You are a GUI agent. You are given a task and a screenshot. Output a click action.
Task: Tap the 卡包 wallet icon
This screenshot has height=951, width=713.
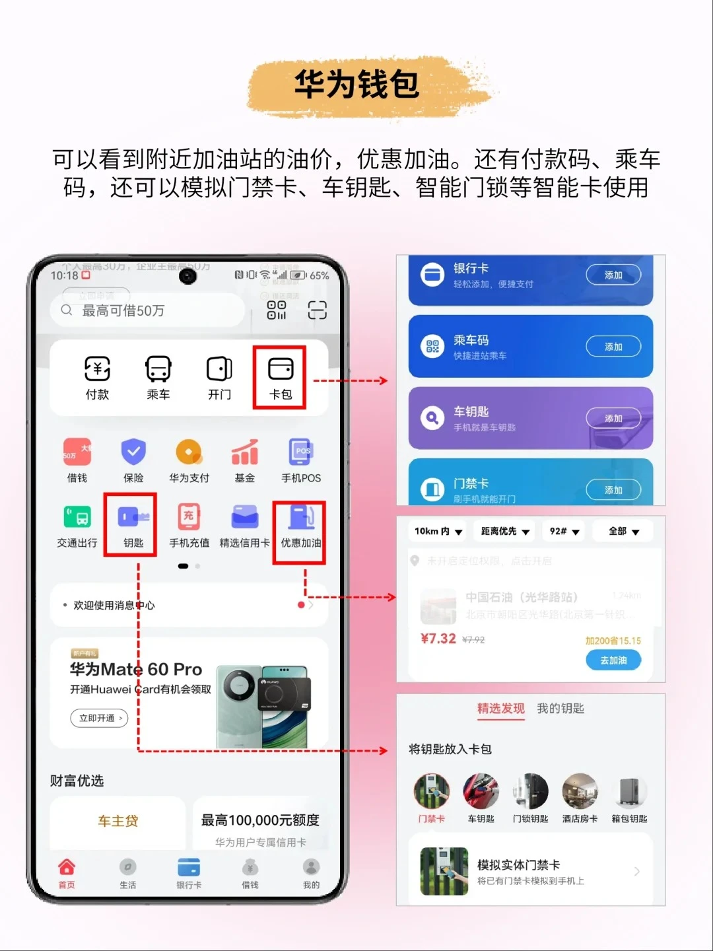[x=281, y=369]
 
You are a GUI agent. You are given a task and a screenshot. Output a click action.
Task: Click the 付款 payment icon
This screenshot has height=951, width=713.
[x=97, y=369]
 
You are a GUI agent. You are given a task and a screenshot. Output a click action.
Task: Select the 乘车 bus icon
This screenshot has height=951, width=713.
[x=158, y=369]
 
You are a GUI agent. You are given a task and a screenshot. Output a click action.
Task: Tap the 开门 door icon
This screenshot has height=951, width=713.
[x=219, y=369]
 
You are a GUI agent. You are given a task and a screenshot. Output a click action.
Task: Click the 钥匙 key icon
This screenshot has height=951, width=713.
[x=133, y=518]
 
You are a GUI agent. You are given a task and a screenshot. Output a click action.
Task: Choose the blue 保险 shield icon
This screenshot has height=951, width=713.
[x=133, y=452]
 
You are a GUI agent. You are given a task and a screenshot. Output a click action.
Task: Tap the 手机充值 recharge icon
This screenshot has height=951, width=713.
[x=189, y=518]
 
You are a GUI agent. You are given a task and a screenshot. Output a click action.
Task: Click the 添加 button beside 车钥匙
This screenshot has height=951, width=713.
[x=613, y=418]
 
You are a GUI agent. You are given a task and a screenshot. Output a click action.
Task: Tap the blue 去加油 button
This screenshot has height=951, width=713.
[x=613, y=660]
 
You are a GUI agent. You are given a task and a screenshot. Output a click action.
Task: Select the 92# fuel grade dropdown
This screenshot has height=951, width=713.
[x=564, y=531]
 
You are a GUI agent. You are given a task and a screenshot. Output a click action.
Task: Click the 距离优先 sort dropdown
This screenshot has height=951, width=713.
[x=505, y=531]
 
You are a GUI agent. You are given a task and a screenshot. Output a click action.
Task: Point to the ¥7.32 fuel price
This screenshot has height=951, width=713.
[x=438, y=639]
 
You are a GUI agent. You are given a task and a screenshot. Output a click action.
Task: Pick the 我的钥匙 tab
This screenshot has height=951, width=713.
[x=560, y=709]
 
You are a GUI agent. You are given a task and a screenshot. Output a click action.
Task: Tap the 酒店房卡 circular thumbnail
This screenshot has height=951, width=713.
[x=580, y=791]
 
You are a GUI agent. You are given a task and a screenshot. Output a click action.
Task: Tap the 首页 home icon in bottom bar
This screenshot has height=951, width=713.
[x=67, y=868]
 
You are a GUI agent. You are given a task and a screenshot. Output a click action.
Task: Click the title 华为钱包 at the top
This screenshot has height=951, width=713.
[x=356, y=85]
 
